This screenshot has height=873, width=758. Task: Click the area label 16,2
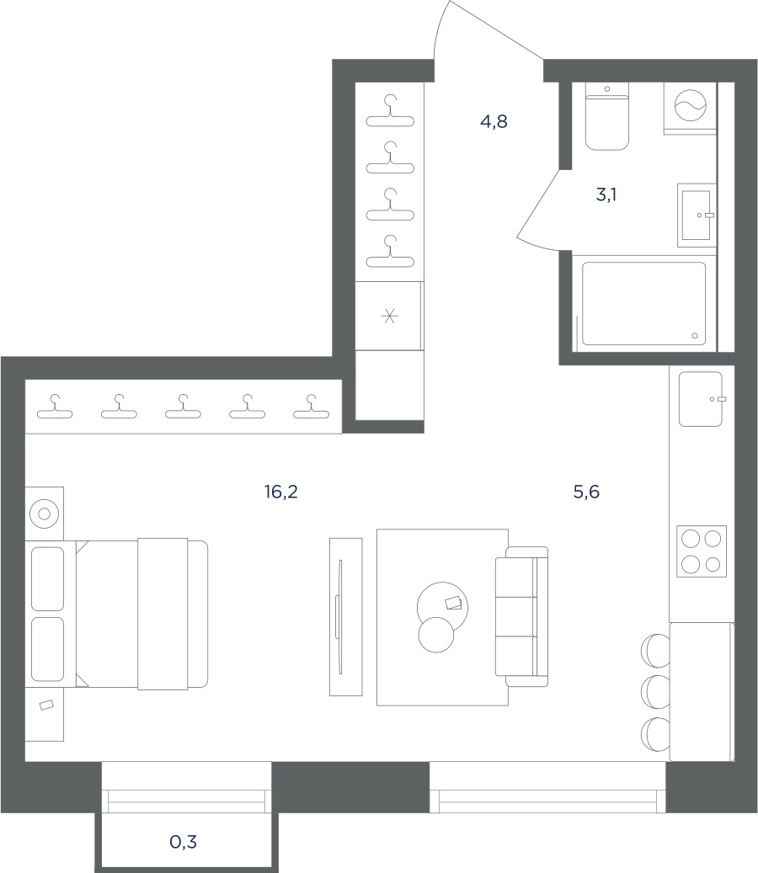(x=280, y=492)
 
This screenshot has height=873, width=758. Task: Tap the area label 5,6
(x=586, y=492)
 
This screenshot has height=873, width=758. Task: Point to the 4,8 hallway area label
(x=494, y=121)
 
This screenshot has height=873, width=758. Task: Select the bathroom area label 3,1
(x=606, y=194)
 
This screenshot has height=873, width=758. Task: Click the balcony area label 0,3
(x=184, y=842)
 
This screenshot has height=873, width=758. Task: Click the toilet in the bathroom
(x=607, y=116)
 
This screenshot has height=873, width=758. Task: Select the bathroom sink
(x=697, y=216)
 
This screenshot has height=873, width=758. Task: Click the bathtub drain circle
(x=695, y=336)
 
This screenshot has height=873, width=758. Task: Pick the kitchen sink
(x=702, y=399)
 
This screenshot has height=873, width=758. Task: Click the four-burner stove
(x=702, y=551)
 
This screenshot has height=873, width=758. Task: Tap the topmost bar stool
(x=656, y=650)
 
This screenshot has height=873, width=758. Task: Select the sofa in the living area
(x=522, y=616)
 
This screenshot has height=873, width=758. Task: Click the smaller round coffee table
(x=436, y=635)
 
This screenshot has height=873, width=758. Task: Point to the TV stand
(x=346, y=617)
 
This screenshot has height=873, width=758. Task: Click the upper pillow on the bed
(x=47, y=579)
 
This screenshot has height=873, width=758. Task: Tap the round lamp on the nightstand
(x=45, y=514)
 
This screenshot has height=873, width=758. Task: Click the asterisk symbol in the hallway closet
(x=389, y=317)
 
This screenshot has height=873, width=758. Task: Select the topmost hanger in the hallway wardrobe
(x=390, y=111)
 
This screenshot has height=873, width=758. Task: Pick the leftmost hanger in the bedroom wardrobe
(x=55, y=407)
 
